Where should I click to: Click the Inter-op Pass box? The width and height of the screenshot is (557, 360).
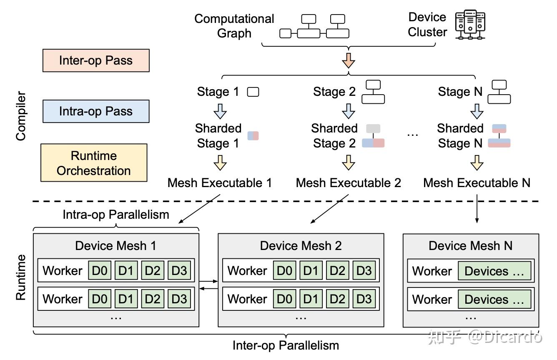click(x=96, y=60)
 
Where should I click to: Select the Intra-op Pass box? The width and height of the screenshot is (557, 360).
click(x=96, y=111)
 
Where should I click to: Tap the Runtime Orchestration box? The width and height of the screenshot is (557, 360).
click(x=94, y=163)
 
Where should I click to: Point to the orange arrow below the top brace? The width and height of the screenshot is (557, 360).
click(x=349, y=60)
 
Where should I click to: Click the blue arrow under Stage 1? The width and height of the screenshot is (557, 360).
click(x=220, y=111)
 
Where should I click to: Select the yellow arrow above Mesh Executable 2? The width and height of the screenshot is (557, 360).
click(x=349, y=163)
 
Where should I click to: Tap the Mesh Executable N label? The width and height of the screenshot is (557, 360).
click(x=477, y=183)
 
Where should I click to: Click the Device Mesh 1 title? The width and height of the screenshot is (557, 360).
click(x=115, y=246)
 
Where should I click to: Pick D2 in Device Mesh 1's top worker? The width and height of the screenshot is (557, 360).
click(x=153, y=270)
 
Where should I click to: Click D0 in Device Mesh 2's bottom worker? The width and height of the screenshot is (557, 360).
click(x=284, y=299)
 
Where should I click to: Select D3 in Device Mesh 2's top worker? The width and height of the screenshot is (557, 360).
click(x=364, y=270)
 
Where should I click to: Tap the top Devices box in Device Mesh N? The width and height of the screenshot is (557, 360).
click(x=494, y=271)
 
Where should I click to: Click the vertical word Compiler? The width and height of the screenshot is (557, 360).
click(x=21, y=116)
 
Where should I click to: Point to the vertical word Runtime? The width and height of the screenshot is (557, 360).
click(x=21, y=277)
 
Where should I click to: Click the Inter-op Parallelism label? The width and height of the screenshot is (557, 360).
click(x=286, y=345)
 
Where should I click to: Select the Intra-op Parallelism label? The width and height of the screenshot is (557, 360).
click(x=116, y=215)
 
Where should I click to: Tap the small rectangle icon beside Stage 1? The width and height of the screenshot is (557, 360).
click(x=253, y=92)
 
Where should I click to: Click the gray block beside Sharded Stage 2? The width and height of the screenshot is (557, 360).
click(x=373, y=129)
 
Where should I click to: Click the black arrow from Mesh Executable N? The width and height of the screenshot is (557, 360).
click(x=477, y=209)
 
